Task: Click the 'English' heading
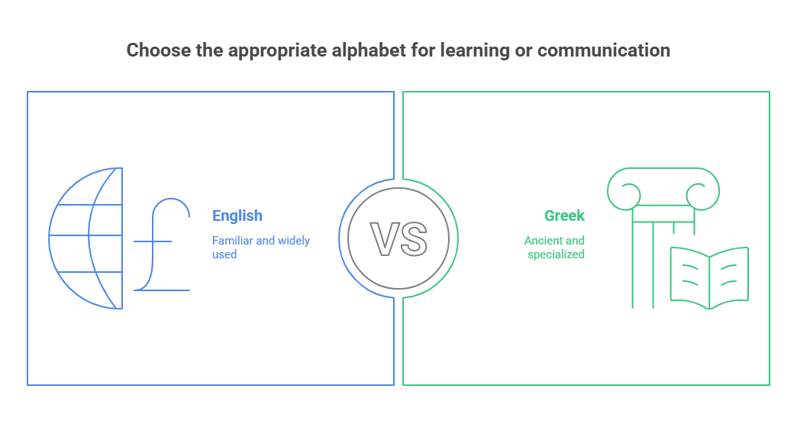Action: click(x=237, y=216)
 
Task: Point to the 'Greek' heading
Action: click(x=564, y=216)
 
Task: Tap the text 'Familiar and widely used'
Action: click(x=260, y=247)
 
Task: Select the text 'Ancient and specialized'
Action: click(x=555, y=247)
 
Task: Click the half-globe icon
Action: click(x=86, y=238)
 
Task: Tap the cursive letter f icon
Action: click(x=162, y=245)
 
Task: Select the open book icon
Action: click(x=708, y=276)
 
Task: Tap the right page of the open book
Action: click(x=728, y=274)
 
